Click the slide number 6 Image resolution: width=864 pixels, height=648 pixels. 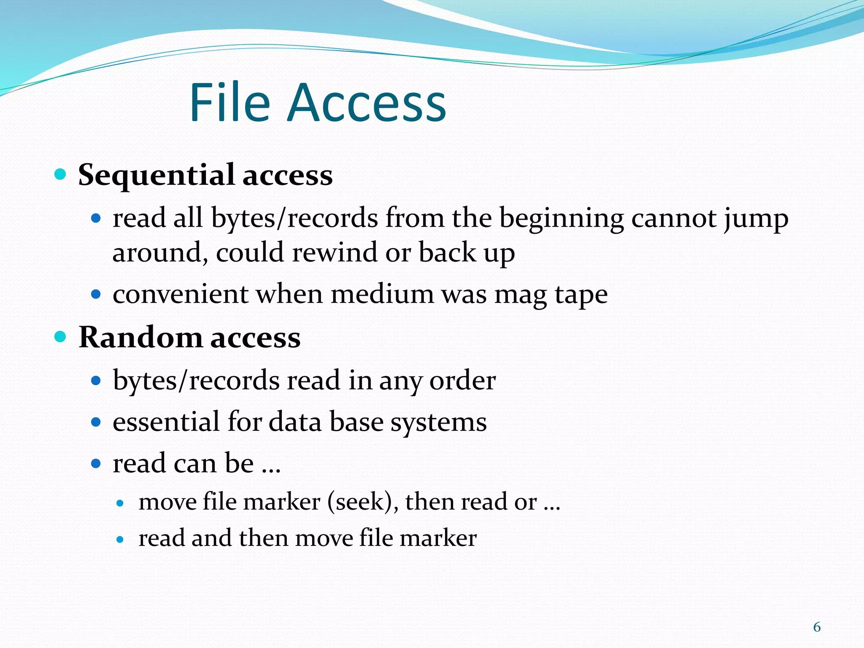pyautogui.click(x=817, y=627)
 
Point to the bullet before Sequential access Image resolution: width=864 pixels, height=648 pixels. pyautogui.click(x=61, y=174)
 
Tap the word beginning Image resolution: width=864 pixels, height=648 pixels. pyautogui.click(x=562, y=219)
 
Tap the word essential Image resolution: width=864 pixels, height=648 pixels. pyautogui.click(x=166, y=422)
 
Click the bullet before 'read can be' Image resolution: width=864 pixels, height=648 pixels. pyautogui.click(x=96, y=464)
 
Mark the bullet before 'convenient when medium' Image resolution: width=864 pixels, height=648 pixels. pyautogui.click(x=96, y=294)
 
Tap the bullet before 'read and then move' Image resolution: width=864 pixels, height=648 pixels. pyautogui.click(x=120, y=539)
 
